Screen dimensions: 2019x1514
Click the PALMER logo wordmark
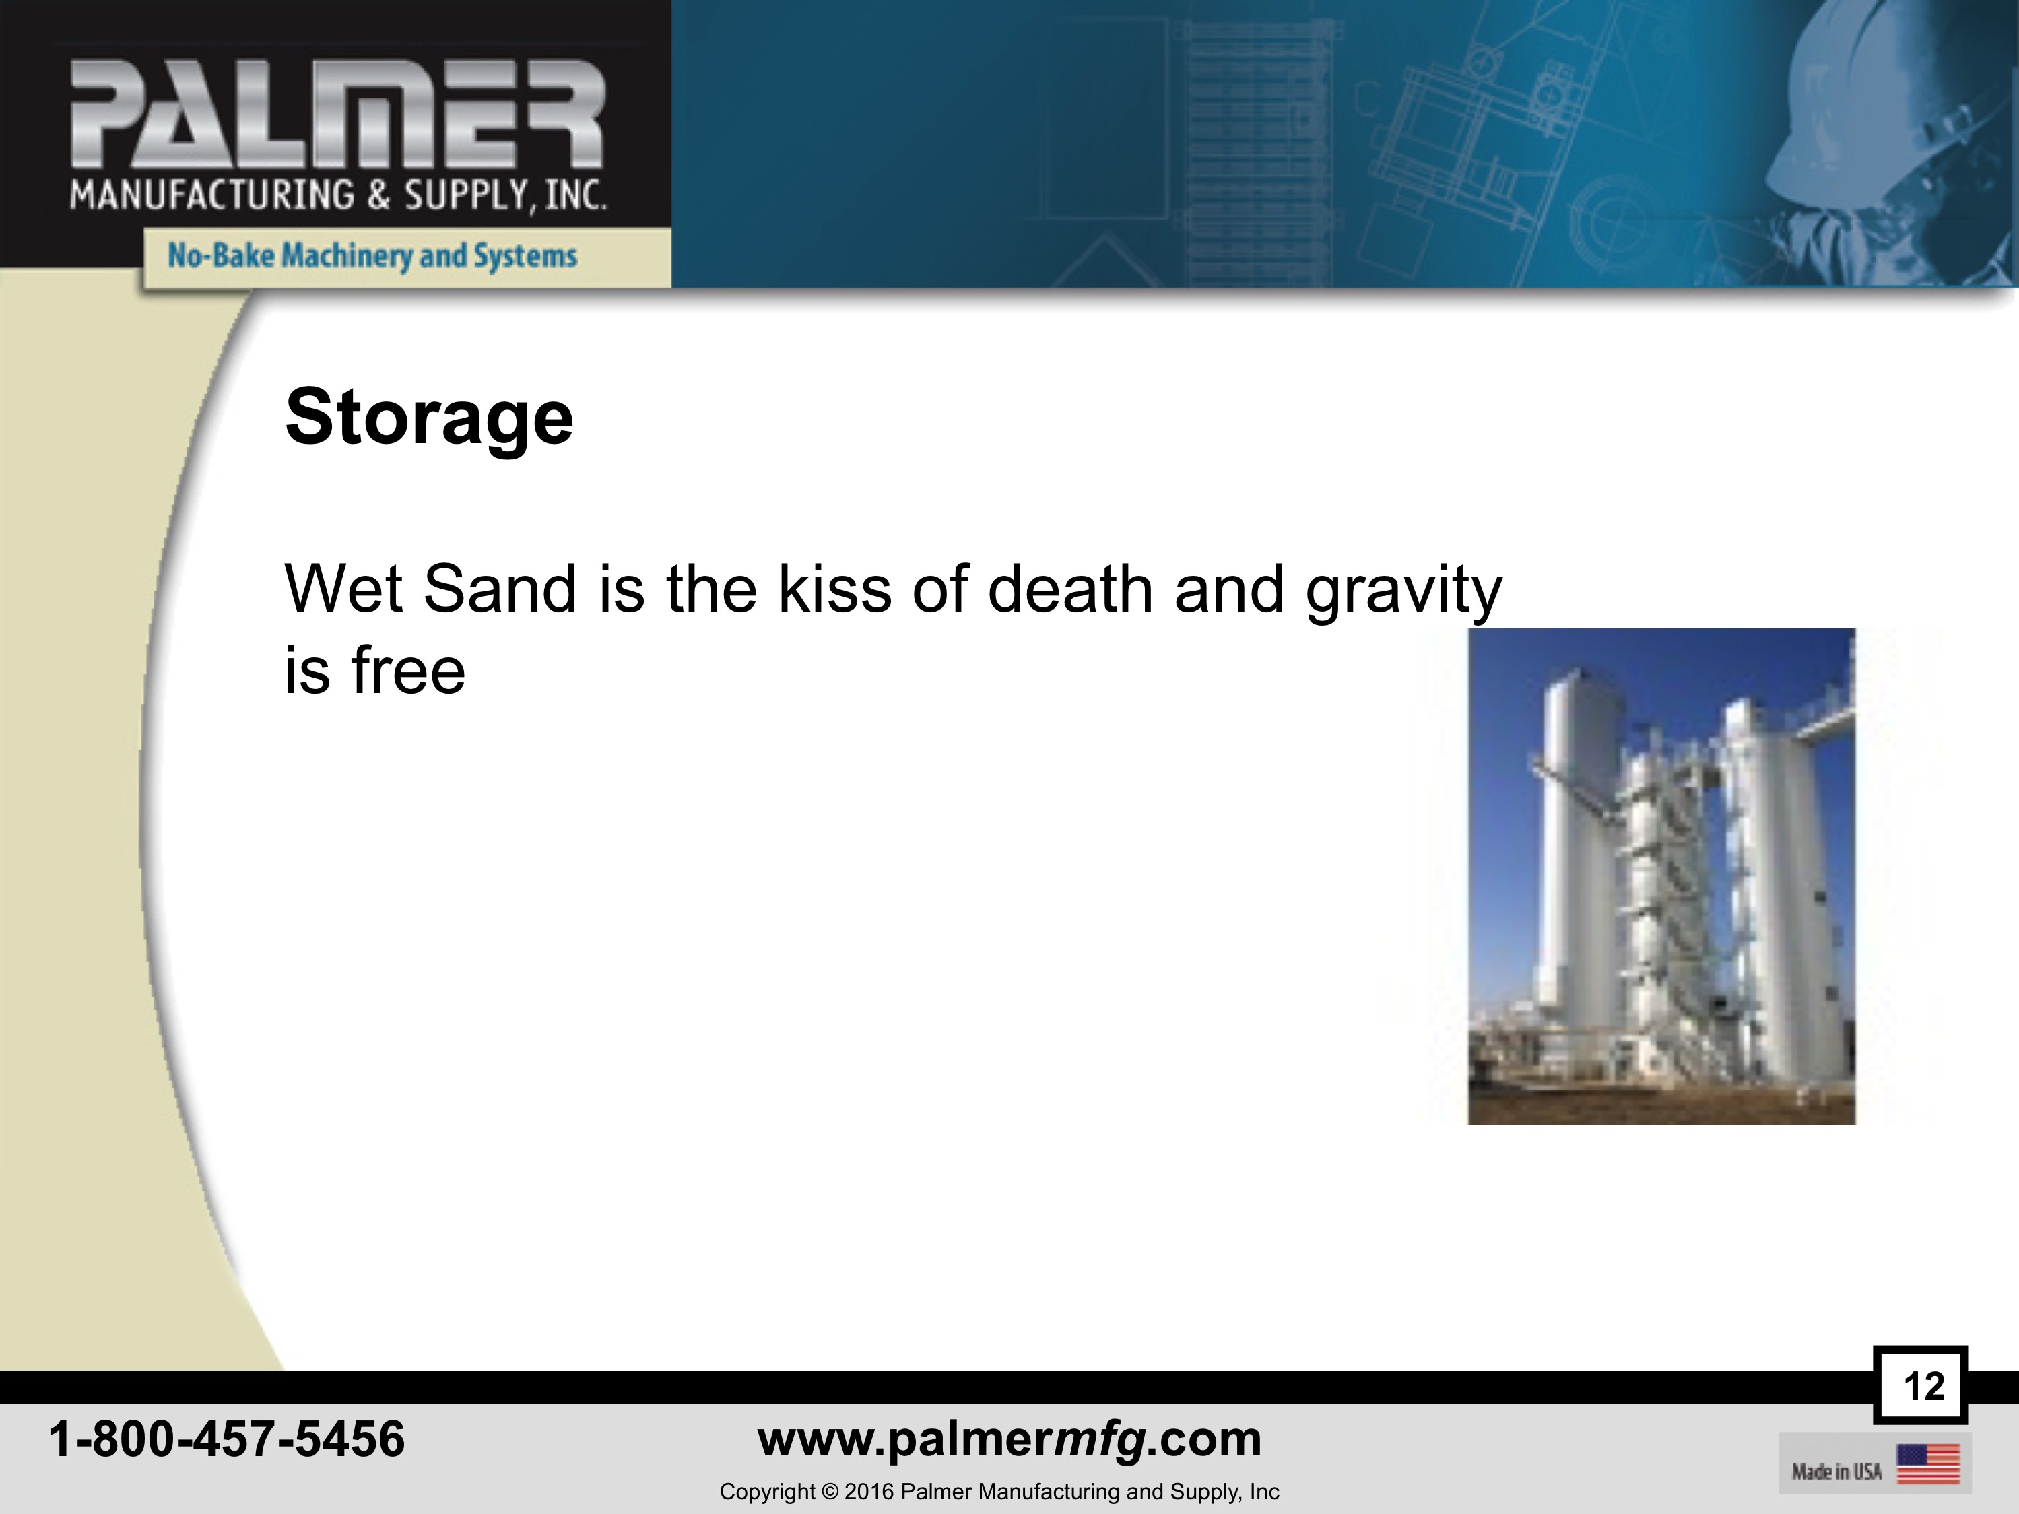click(x=337, y=114)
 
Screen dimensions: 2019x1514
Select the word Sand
click(x=500, y=589)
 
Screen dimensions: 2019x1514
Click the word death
click(x=1071, y=589)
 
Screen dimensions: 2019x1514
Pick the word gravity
click(x=1404, y=593)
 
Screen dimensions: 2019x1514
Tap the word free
click(x=408, y=671)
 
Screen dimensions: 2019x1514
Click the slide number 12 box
click(x=1921, y=1385)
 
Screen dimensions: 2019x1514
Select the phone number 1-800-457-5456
click(x=226, y=1439)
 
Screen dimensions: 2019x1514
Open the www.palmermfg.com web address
click(x=1009, y=1440)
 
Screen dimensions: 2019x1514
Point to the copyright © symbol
click(x=830, y=1491)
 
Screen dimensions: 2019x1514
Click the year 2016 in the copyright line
click(x=869, y=1491)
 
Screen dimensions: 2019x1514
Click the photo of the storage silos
click(x=1661, y=876)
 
